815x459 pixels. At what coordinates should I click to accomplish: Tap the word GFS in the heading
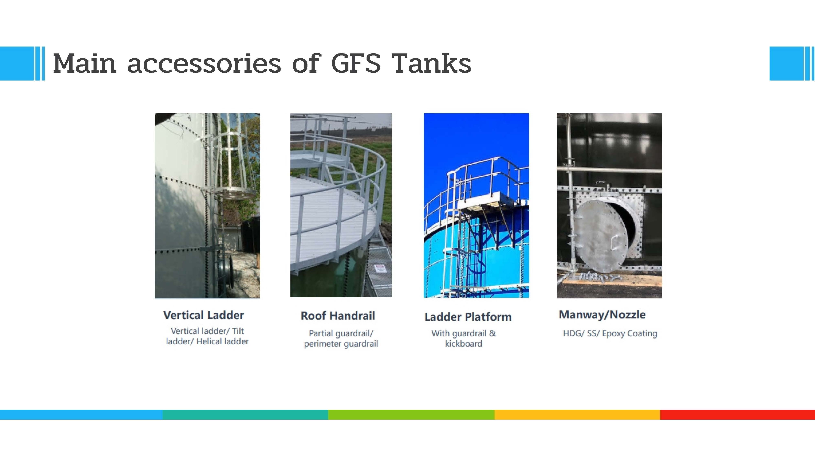pyautogui.click(x=356, y=63)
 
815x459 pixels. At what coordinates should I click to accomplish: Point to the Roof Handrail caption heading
pyautogui.click(x=338, y=316)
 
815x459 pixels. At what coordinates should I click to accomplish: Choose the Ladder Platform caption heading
pyautogui.click(x=468, y=317)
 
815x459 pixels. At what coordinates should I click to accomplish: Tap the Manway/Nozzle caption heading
pyautogui.click(x=602, y=315)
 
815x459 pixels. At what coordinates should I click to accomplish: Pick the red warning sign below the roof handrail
pyautogui.click(x=380, y=269)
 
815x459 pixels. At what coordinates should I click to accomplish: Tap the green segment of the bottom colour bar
pyautogui.click(x=411, y=414)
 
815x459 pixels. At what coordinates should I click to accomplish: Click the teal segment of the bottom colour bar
pyautogui.click(x=245, y=414)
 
